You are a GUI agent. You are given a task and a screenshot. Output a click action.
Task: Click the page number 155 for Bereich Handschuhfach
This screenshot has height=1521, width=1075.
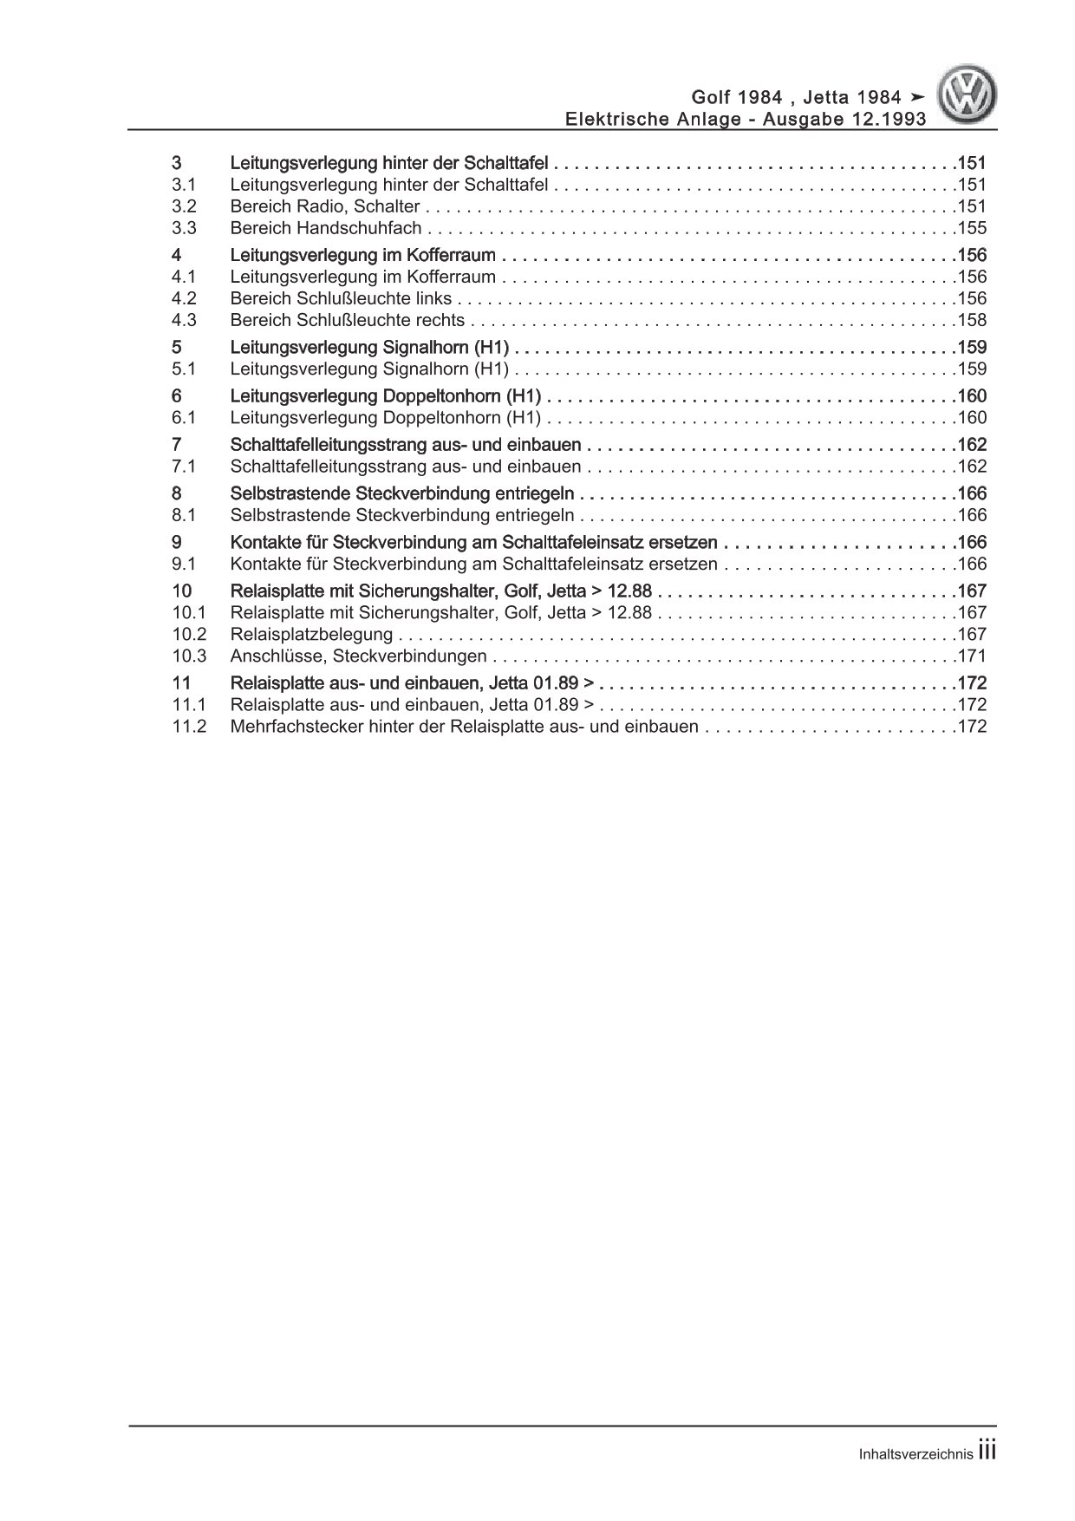pyautogui.click(x=971, y=228)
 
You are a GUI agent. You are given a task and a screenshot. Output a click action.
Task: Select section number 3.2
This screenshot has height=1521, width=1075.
pyautogui.click(x=184, y=206)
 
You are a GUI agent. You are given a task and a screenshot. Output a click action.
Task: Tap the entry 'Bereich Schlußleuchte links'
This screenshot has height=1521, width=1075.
pyautogui.click(x=341, y=298)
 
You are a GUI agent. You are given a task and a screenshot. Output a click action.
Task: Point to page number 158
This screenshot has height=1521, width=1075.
pyautogui.click(x=971, y=320)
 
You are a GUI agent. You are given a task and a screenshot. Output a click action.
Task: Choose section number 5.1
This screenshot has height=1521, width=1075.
pyautogui.click(x=184, y=369)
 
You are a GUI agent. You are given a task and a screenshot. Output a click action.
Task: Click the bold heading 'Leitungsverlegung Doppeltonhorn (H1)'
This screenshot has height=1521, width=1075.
pyautogui.click(x=386, y=396)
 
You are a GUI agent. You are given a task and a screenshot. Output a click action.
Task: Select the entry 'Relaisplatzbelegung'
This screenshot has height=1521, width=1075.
pyautogui.click(x=311, y=634)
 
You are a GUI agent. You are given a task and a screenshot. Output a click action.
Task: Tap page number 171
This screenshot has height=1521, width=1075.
pyautogui.click(x=971, y=656)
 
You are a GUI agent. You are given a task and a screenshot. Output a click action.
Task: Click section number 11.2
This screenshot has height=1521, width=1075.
pyautogui.click(x=189, y=727)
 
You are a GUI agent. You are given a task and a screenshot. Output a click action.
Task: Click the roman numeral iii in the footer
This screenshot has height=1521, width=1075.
pyautogui.click(x=987, y=1453)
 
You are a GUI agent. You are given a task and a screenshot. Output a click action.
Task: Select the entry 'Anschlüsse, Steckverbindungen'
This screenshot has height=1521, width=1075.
pyautogui.click(x=358, y=656)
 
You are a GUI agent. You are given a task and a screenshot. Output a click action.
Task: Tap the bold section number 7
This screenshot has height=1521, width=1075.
pyautogui.click(x=177, y=445)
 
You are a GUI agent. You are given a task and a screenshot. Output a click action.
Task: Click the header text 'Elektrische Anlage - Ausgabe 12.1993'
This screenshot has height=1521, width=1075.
pyautogui.click(x=745, y=119)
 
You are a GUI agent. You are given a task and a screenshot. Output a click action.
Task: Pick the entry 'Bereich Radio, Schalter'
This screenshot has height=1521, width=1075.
pyautogui.click(x=325, y=206)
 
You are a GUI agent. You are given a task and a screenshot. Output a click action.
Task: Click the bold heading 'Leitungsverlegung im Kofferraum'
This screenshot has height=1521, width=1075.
pyautogui.click(x=363, y=255)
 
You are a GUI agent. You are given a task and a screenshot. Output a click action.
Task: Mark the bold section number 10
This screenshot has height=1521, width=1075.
pyautogui.click(x=181, y=591)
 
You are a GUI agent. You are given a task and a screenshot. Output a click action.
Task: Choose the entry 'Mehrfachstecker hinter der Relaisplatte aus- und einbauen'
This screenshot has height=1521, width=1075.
pyautogui.click(x=464, y=727)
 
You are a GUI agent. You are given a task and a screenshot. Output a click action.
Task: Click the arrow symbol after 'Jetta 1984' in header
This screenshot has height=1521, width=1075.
pyautogui.click(x=917, y=97)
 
